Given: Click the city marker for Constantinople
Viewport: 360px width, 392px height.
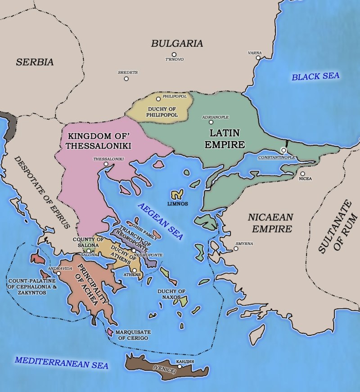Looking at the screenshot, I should click(x=283, y=150).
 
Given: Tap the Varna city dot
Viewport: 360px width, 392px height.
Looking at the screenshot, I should click(x=258, y=58).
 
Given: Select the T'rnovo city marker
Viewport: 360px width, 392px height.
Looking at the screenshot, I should click(x=174, y=55).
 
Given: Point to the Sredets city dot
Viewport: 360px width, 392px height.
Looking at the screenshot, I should click(x=126, y=79).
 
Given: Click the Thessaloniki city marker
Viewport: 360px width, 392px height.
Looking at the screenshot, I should click(x=106, y=165).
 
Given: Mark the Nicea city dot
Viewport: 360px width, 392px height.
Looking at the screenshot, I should click(x=302, y=174).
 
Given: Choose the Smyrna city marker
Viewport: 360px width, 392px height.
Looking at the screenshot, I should click(x=236, y=248).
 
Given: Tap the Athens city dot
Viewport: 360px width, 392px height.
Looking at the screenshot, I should click(x=134, y=270).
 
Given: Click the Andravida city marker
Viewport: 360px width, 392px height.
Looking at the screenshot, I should click(x=58, y=273).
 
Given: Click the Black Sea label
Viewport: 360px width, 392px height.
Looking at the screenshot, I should click(x=315, y=76).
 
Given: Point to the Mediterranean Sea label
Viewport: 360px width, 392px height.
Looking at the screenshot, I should click(x=61, y=362).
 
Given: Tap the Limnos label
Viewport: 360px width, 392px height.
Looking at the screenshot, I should click(x=177, y=204).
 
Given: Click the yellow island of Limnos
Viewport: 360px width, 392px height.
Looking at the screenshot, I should click(x=176, y=195).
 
